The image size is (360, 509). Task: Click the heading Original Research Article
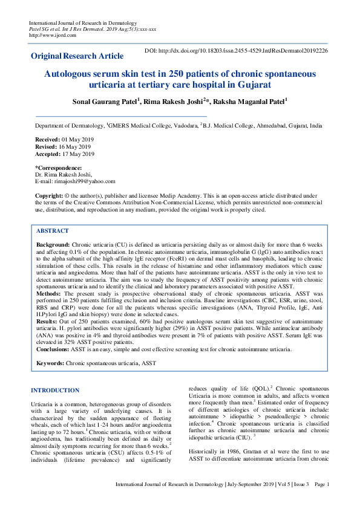(x=77, y=56)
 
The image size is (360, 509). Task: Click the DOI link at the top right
(x=237, y=51)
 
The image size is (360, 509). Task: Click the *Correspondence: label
(x=59, y=167)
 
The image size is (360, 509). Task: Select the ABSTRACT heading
(x=53, y=231)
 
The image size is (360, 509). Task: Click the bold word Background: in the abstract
(x=53, y=244)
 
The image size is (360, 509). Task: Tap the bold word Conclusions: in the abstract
(x=55, y=349)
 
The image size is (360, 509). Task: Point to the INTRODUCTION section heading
(x=55, y=391)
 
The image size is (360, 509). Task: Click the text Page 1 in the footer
(x=321, y=501)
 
